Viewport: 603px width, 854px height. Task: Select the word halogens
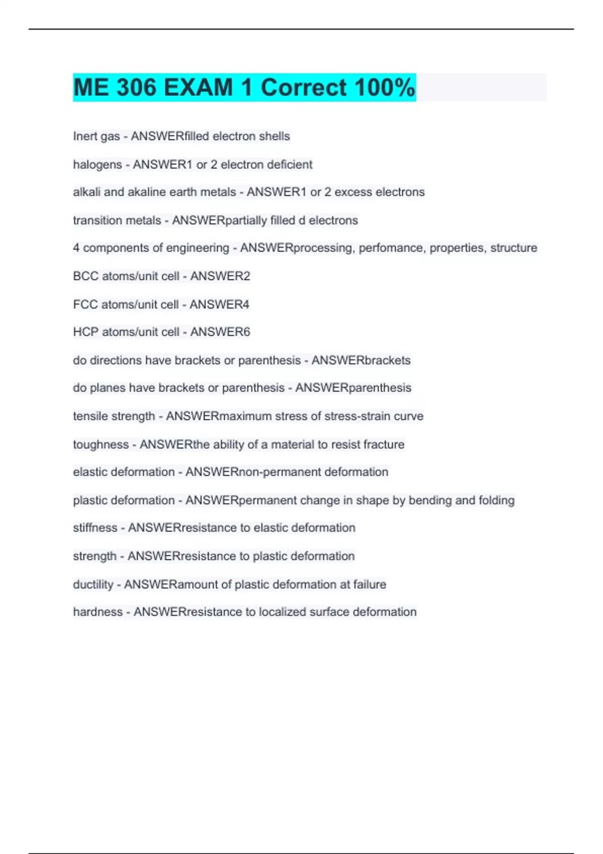tap(97, 165)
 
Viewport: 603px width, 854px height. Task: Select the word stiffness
tap(95, 528)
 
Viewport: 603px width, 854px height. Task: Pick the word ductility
tap(93, 585)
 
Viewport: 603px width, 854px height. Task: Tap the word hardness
tap(98, 612)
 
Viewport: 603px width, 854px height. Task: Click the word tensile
tap(88, 416)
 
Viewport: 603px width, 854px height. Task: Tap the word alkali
tap(86, 192)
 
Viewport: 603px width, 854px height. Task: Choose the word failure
tap(369, 585)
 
